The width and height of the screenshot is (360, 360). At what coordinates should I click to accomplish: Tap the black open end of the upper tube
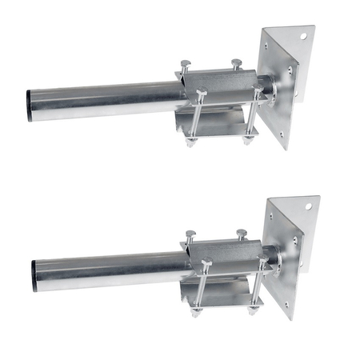click(x=30, y=105)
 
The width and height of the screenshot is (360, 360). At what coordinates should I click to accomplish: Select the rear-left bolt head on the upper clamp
click(x=186, y=63)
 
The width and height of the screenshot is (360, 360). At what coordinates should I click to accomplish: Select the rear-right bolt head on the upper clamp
click(x=237, y=62)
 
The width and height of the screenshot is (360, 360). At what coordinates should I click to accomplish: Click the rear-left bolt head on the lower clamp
click(x=190, y=234)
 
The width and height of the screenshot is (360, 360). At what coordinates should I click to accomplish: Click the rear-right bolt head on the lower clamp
click(x=241, y=232)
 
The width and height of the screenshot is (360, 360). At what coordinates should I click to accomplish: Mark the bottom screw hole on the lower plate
click(x=286, y=304)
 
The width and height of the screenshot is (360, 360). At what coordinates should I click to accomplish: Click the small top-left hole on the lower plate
click(x=271, y=215)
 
